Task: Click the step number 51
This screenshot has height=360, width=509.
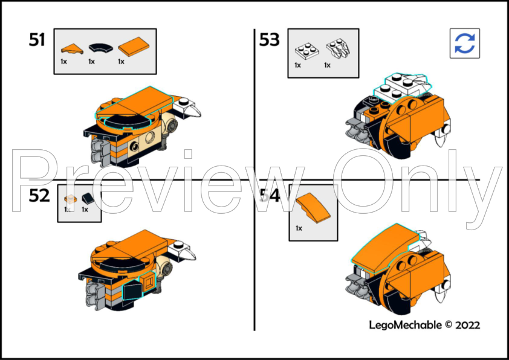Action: tap(37, 40)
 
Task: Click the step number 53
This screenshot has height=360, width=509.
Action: tap(270, 40)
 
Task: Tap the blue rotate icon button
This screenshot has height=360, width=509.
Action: tap(464, 43)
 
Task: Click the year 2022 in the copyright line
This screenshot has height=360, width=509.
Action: tap(468, 324)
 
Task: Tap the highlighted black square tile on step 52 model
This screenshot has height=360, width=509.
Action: tap(131, 292)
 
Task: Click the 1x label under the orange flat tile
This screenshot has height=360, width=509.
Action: tap(121, 62)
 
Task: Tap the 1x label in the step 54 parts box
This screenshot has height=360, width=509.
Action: tap(299, 228)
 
